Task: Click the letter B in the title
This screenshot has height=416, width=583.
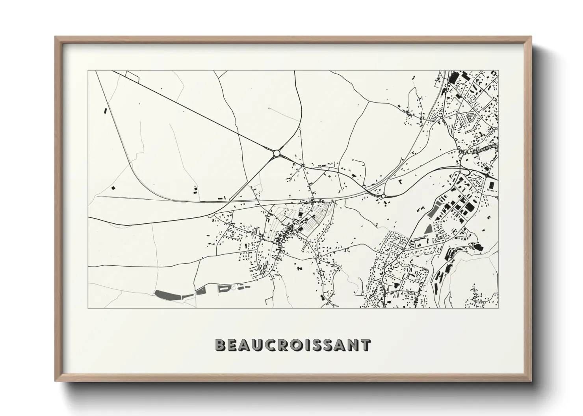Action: click(x=221, y=345)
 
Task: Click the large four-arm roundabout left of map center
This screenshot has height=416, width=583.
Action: click(x=277, y=153)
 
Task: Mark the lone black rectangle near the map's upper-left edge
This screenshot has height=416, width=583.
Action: click(x=105, y=111)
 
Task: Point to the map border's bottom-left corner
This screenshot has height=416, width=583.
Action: click(x=88, y=307)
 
